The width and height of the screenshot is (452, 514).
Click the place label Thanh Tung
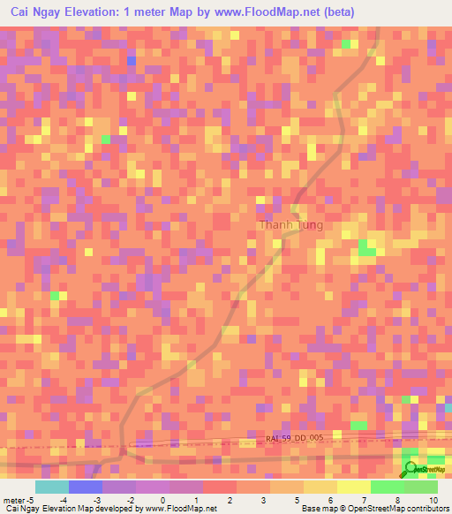click(x=290, y=225)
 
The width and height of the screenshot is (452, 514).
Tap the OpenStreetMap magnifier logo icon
click(x=411, y=468)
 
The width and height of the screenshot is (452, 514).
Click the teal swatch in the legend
click(x=51, y=487)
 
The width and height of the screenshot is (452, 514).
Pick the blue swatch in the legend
click(x=85, y=487)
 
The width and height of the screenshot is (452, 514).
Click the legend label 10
click(x=433, y=501)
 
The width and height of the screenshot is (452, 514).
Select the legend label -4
click(x=64, y=501)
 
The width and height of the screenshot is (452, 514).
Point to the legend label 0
click(x=162, y=501)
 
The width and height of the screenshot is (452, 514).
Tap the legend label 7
click(x=364, y=501)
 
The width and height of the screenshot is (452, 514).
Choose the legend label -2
click(x=130, y=501)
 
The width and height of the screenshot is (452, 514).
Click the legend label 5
click(x=297, y=501)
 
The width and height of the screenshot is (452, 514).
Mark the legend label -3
click(x=97, y=501)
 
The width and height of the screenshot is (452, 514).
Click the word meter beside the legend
click(x=15, y=501)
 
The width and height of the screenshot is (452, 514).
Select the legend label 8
click(x=396, y=501)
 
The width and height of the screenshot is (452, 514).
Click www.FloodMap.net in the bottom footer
click(x=180, y=510)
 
